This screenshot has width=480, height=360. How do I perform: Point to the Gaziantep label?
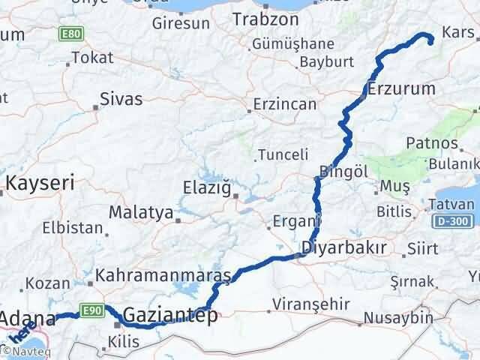[x=170, y=315]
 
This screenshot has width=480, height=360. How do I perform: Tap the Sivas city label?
[x=121, y=98]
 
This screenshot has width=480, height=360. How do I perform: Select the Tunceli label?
[x=282, y=154]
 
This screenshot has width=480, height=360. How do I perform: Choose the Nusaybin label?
[x=399, y=318]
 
